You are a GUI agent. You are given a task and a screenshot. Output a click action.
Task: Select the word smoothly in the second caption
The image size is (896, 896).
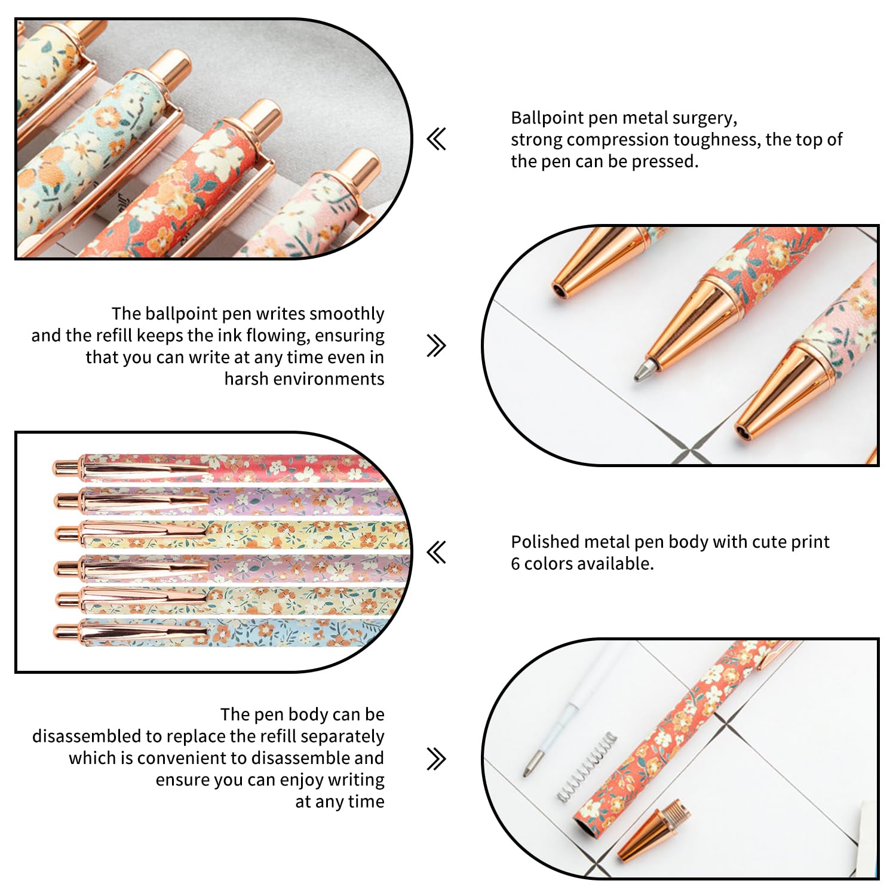[x=347, y=314]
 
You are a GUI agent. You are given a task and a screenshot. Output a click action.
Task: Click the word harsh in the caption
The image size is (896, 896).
[x=246, y=379]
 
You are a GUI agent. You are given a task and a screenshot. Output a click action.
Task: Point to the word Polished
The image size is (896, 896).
[x=545, y=542]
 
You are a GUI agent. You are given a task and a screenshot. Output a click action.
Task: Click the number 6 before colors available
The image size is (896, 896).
[x=515, y=563]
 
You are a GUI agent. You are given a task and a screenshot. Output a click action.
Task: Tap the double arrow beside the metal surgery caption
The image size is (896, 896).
[x=437, y=140]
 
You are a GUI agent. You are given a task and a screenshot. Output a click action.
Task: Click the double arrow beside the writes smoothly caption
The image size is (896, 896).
[x=437, y=345]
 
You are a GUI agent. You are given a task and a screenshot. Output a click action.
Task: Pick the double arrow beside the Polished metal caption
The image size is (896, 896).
[x=437, y=552]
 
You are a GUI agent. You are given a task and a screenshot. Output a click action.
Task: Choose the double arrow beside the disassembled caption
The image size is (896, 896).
[x=437, y=759]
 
